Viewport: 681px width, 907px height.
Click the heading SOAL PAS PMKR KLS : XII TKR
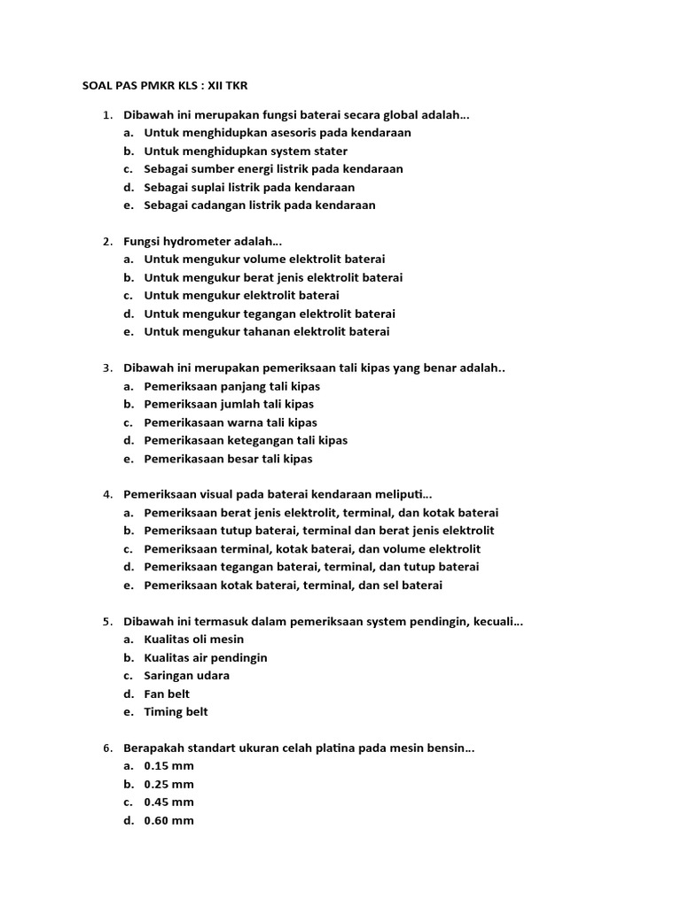pos(165,85)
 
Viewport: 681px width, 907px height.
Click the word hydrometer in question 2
pos(198,241)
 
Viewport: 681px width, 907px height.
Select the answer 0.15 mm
pos(168,766)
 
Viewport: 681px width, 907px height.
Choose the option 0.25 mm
pos(168,784)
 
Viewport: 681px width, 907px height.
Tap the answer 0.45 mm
pos(168,802)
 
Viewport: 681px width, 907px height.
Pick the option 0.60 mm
pos(168,820)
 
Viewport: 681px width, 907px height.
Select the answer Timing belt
pos(176,712)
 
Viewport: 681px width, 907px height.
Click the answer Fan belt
pos(167,694)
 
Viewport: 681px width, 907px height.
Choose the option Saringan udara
pos(186,676)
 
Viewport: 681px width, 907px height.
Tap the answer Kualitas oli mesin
pos(193,640)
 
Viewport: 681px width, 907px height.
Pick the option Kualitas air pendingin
pos(205,657)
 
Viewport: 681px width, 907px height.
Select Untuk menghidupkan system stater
pos(246,151)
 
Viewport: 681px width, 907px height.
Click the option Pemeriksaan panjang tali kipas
pos(231,386)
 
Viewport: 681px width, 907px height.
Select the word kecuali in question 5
pos(499,622)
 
